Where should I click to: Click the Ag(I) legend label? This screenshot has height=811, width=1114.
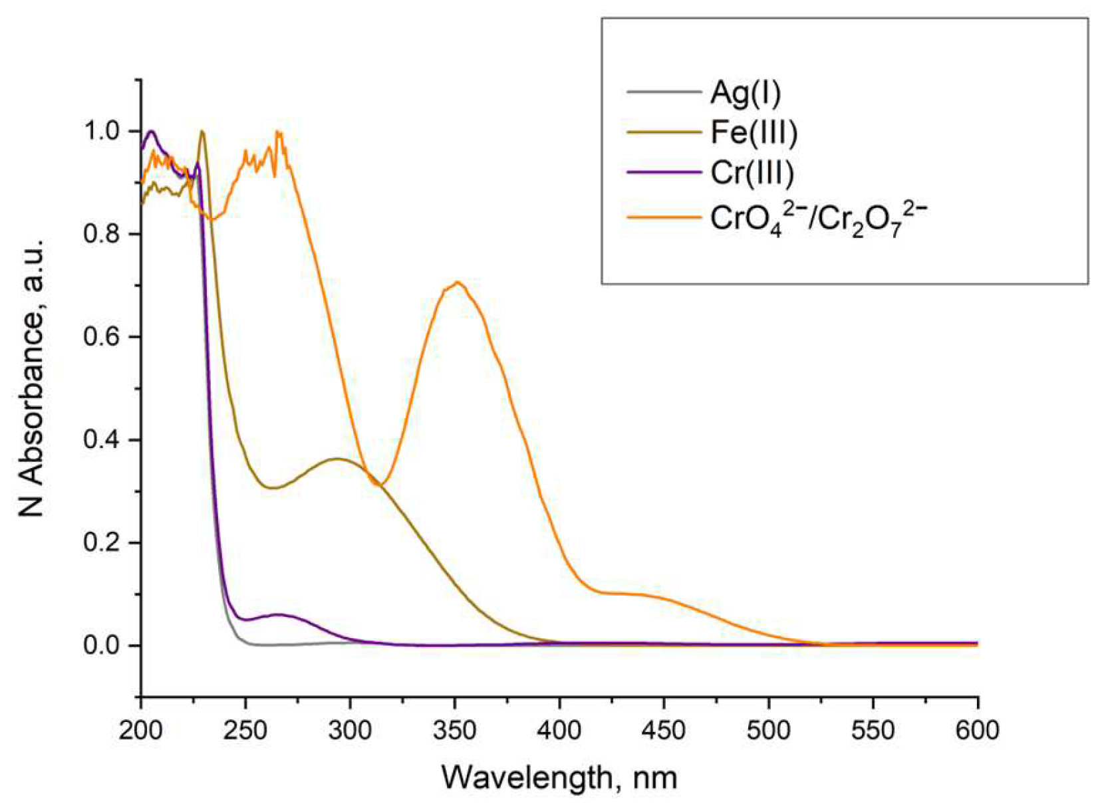point(745,92)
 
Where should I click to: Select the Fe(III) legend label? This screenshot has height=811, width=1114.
point(754,132)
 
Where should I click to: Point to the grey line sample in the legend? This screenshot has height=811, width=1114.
point(664,92)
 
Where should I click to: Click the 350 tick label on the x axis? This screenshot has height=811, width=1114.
point(454,731)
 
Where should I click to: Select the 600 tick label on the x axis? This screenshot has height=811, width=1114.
point(977,731)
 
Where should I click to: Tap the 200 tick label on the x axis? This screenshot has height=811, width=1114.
point(141,731)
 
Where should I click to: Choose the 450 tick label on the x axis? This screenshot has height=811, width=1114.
point(664,731)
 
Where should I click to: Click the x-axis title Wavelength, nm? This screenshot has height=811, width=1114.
point(559,776)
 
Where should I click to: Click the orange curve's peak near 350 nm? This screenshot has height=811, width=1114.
point(458,283)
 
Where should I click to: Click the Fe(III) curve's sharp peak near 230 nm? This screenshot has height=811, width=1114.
point(202,132)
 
